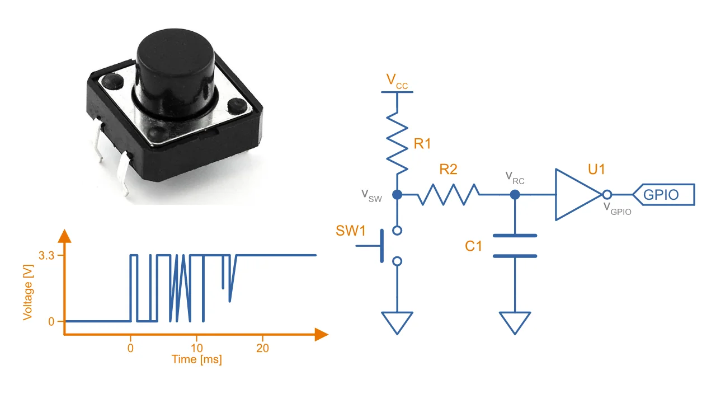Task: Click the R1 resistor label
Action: click(x=422, y=144)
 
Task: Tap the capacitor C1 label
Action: click(x=473, y=246)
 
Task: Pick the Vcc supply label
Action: click(x=397, y=82)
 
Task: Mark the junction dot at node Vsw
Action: click(x=397, y=195)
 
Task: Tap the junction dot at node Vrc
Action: click(x=515, y=195)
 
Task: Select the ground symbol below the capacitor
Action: click(x=515, y=322)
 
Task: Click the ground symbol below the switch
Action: click(x=397, y=322)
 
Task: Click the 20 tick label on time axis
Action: click(x=262, y=348)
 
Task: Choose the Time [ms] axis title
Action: click(x=196, y=360)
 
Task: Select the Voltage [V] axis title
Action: click(x=28, y=292)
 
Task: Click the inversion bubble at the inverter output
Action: click(x=607, y=195)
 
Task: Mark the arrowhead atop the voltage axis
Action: click(x=65, y=236)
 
